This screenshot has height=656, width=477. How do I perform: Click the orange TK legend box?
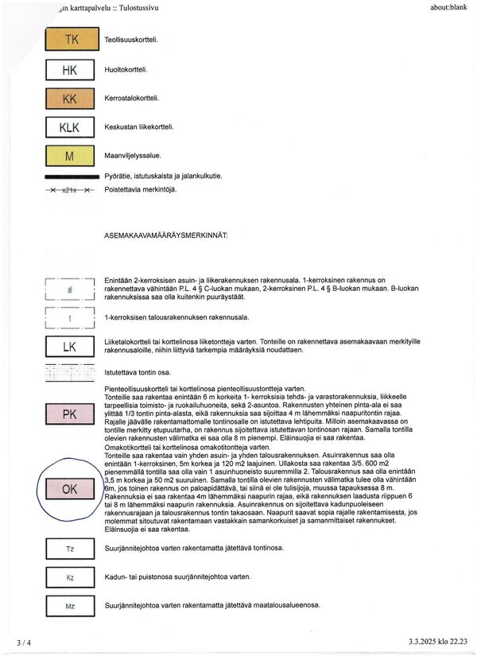72,40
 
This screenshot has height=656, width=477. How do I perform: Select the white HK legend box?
70,70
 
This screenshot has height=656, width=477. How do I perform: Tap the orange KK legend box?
70,99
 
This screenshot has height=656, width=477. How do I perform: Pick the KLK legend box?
70,127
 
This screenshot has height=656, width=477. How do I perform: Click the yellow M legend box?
70,157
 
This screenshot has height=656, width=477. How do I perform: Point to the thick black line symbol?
70,176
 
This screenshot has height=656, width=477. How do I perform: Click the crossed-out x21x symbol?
70,191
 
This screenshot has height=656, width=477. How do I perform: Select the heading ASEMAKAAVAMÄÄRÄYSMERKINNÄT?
166,236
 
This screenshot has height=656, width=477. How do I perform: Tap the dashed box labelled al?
70,290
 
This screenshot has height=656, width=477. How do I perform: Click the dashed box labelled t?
70,317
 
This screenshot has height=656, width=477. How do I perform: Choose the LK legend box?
70,347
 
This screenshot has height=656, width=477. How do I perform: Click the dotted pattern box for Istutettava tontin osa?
70,372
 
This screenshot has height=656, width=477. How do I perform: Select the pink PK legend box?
70,414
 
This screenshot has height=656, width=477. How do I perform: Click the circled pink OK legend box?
70,490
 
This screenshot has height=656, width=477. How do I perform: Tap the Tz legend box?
70,549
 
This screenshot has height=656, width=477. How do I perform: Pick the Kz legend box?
70,576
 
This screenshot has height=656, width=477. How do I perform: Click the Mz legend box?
70,606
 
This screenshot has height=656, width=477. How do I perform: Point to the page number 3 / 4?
24,642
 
